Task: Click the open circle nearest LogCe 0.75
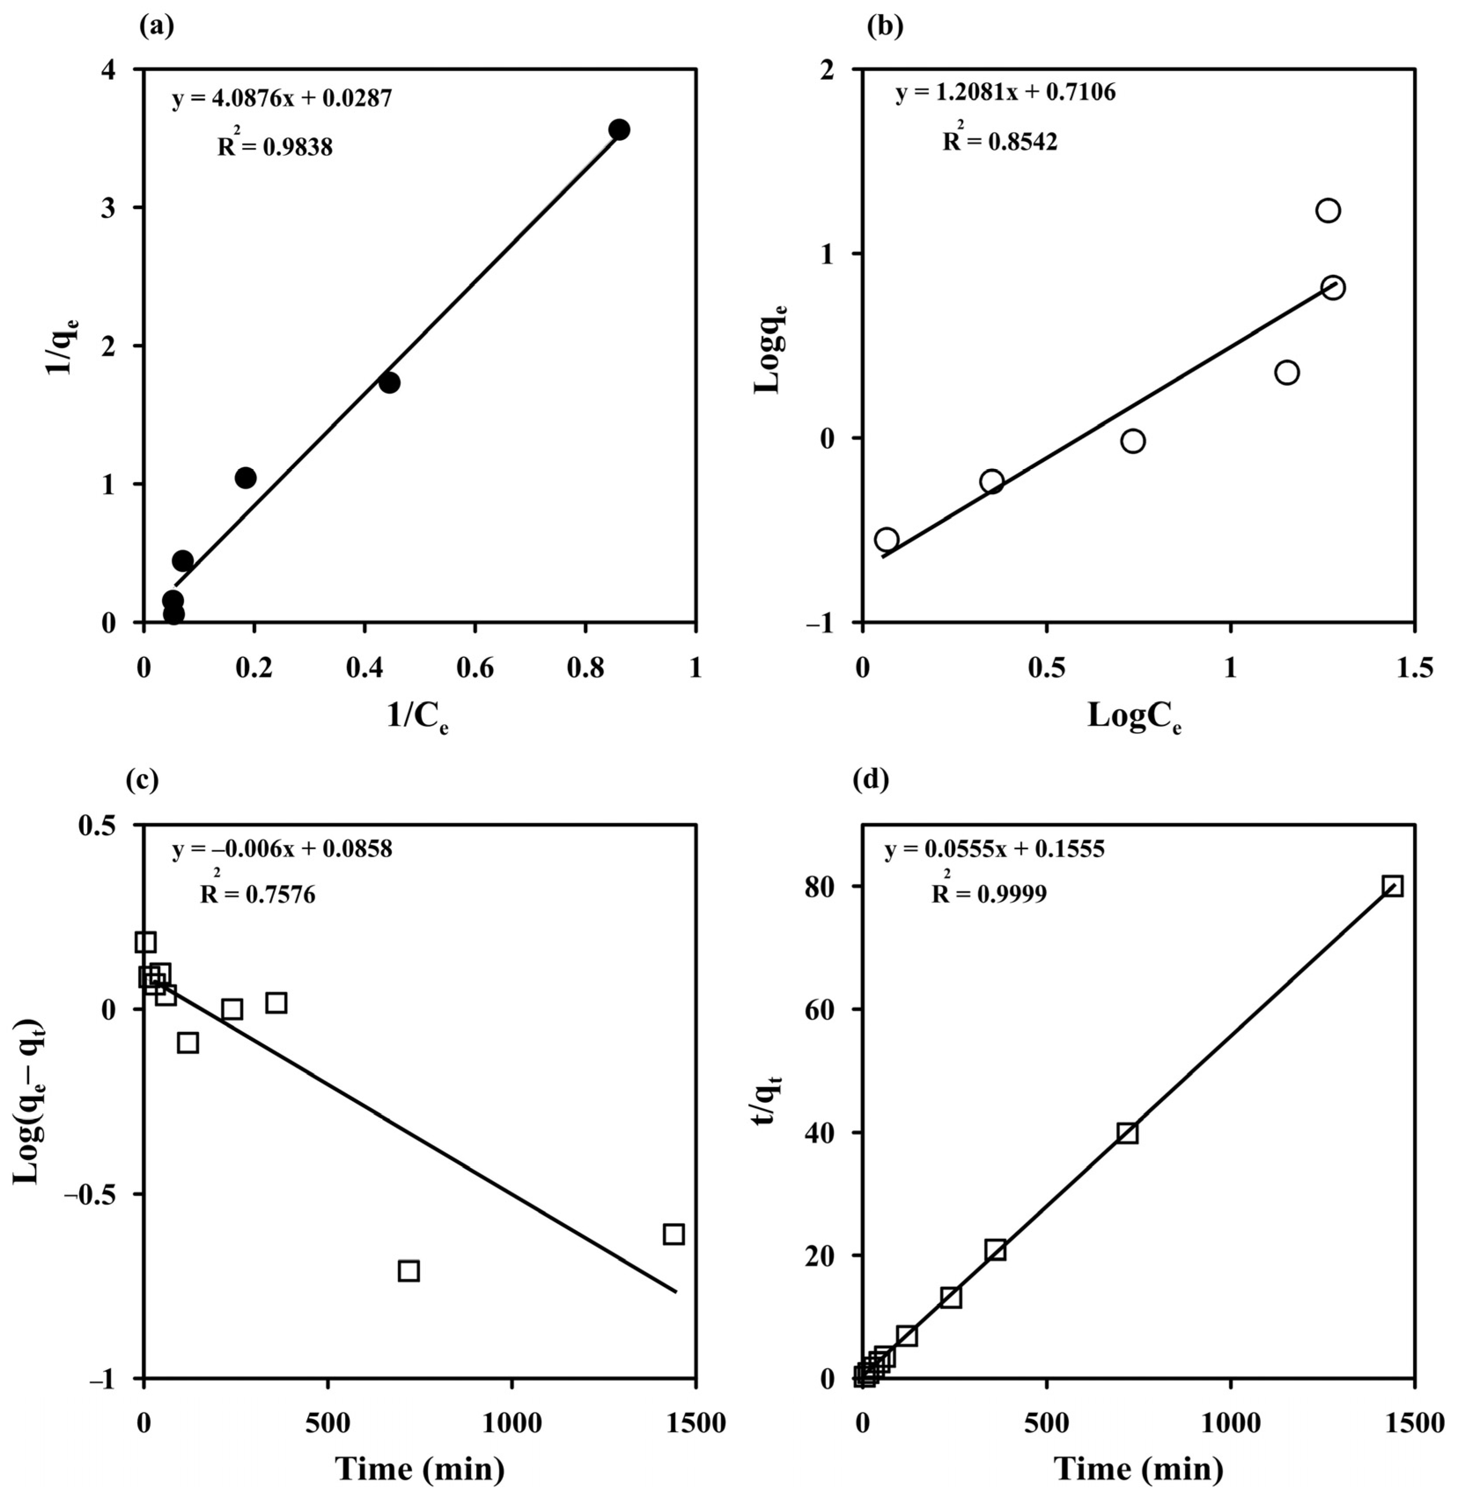(x=1132, y=441)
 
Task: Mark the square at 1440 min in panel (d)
(x=1393, y=887)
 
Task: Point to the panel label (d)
(x=871, y=780)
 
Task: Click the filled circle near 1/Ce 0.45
(x=389, y=383)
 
